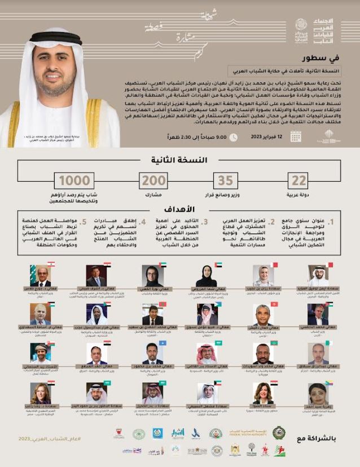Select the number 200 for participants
(154, 182)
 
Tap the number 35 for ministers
(225, 182)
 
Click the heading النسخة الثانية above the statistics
(181, 160)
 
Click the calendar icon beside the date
(295, 135)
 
